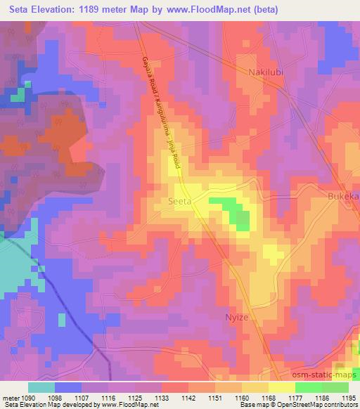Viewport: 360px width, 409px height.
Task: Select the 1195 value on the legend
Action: (x=347, y=397)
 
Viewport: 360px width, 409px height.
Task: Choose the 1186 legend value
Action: (x=320, y=397)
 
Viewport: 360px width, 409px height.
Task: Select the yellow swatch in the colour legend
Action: (x=281, y=387)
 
